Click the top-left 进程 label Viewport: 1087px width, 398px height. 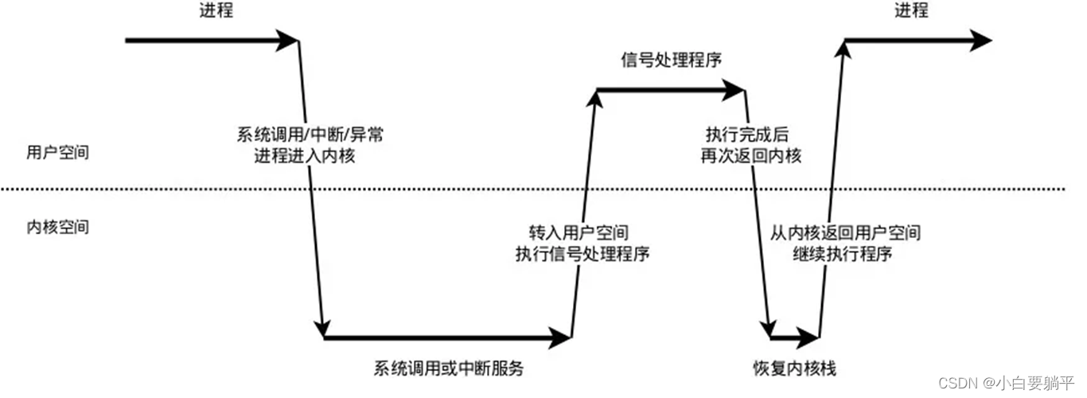click(216, 10)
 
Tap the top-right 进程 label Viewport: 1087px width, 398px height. click(911, 10)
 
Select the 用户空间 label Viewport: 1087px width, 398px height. click(56, 154)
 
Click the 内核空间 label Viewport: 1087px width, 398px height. click(56, 227)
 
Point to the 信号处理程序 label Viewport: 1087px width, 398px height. click(671, 60)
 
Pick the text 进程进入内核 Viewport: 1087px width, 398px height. click(304, 155)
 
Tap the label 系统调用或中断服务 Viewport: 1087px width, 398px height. click(449, 369)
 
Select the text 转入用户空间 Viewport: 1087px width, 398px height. click(579, 233)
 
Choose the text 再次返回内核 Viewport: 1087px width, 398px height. click(750, 155)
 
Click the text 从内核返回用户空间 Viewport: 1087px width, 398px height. click(845, 233)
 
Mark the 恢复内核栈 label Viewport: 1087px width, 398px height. click(794, 369)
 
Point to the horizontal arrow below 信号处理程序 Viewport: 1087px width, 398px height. click(671, 91)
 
